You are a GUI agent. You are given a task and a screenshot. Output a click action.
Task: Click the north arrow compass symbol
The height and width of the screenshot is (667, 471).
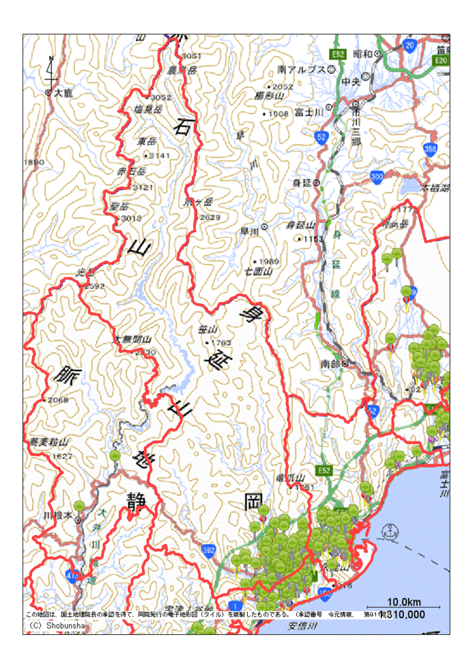click(x=51, y=70)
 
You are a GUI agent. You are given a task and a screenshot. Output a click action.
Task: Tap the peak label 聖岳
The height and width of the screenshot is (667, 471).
click(x=119, y=206)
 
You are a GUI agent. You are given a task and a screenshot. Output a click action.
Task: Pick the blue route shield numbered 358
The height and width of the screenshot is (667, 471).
click(x=430, y=148)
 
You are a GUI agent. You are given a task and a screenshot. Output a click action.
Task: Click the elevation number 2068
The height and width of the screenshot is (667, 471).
click(x=57, y=400)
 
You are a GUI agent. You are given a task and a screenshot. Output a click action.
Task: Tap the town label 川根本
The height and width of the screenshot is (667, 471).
click(x=57, y=515)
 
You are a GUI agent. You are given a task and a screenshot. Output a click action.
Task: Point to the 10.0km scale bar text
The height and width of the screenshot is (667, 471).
click(x=403, y=601)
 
